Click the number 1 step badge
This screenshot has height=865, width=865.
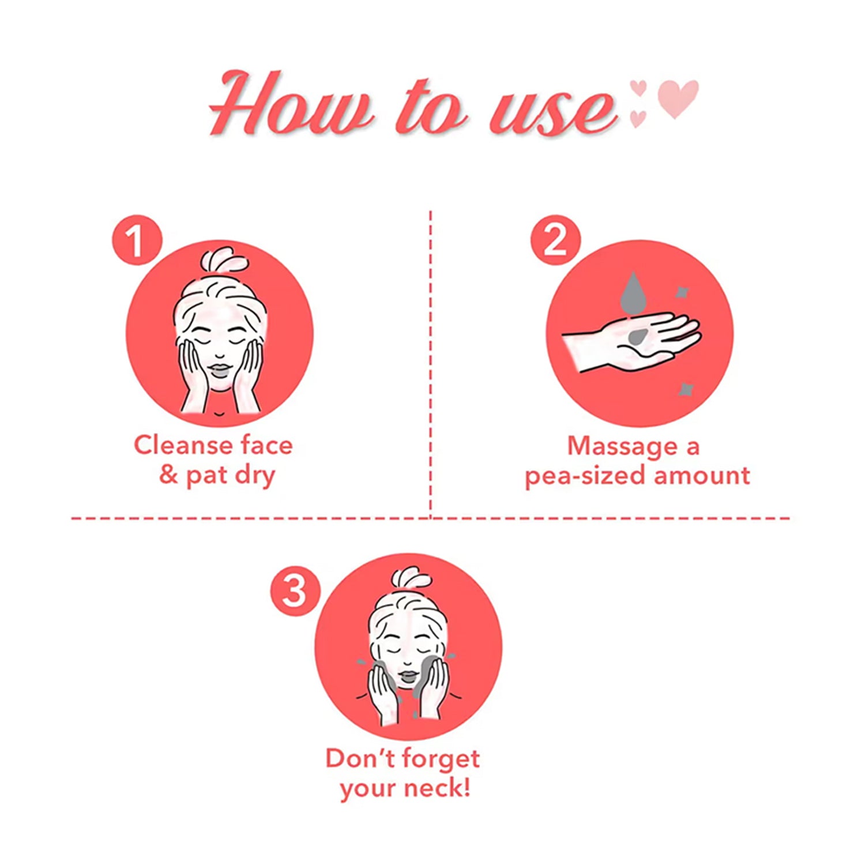click(137, 240)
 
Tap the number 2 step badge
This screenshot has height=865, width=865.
click(555, 240)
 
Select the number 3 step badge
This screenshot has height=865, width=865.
click(295, 591)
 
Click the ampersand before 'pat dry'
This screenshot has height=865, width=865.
click(168, 475)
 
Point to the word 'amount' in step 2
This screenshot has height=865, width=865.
click(702, 476)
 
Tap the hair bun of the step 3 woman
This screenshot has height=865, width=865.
click(412, 580)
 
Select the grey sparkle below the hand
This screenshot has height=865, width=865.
click(685, 389)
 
